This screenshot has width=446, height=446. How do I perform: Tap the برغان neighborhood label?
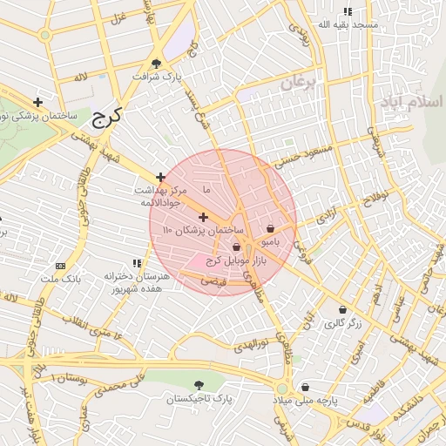coord(301,83)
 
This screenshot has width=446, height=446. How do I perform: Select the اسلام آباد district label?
coord(411,102)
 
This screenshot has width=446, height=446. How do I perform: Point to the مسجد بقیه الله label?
coord(348,24)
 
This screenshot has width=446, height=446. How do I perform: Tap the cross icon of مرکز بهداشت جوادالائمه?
coord(160,177)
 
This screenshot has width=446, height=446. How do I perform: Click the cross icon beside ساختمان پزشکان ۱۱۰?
coord(203,217)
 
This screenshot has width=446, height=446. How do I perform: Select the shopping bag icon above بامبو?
coord(270,228)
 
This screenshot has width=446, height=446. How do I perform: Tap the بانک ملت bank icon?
coord(59,266)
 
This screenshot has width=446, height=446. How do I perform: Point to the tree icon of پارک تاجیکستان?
coord(199,384)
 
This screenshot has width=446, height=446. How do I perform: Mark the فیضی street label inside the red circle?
coord(213,281)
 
